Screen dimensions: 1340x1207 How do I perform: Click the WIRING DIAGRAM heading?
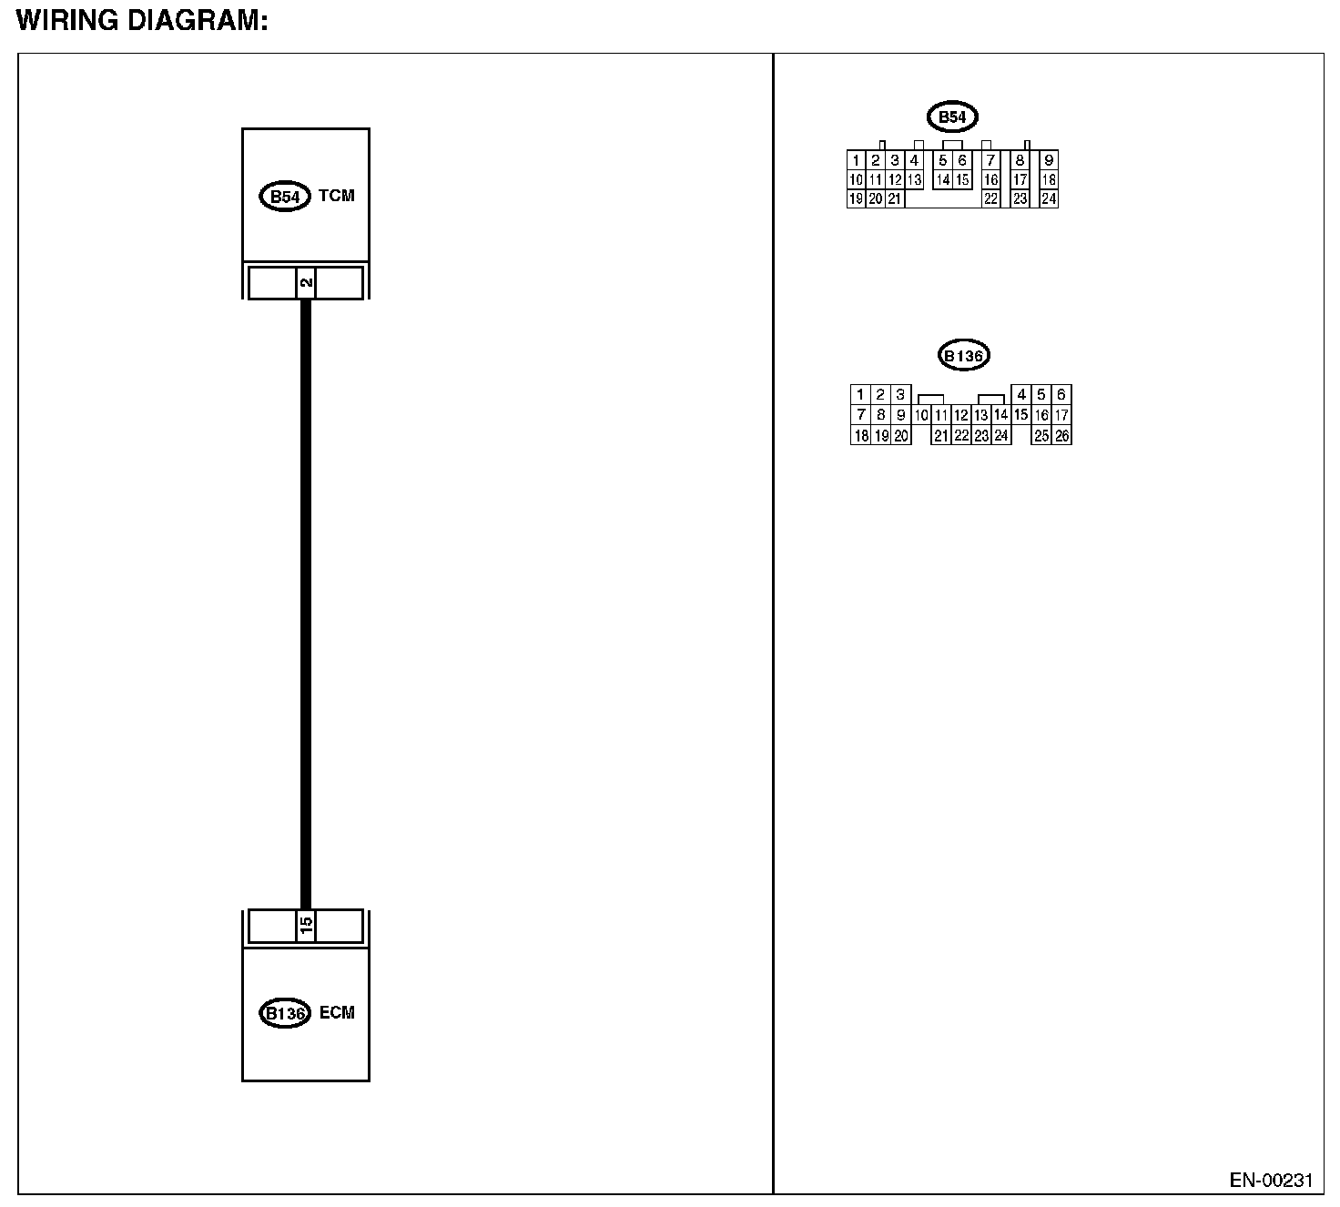142,21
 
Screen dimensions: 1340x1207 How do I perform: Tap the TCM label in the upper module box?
337,196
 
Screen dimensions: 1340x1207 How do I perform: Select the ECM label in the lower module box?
337,1012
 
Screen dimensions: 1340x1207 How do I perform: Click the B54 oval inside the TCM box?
285,197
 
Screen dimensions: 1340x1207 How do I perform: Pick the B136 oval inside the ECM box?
284,1013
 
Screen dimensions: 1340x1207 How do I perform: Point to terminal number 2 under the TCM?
306,282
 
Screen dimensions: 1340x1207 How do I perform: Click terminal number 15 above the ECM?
306,927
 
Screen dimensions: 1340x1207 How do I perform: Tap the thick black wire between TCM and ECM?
306,601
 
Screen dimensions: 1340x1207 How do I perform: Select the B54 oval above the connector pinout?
951,117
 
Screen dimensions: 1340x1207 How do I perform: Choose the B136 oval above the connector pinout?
963,356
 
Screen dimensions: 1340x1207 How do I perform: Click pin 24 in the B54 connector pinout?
1049,199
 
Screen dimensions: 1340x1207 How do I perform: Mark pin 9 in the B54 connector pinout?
1049,161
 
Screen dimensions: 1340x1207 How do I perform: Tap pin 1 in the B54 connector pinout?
857,161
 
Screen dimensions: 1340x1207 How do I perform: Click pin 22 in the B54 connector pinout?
990,199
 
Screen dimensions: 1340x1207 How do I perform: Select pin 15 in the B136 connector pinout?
1020,415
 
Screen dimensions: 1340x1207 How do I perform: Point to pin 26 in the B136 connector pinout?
1061,436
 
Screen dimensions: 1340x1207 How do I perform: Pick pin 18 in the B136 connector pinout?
860,436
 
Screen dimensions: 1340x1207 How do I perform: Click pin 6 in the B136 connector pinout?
1061,395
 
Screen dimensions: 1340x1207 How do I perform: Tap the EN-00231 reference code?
1271,1182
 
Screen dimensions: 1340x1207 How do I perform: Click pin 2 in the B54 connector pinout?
876,161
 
